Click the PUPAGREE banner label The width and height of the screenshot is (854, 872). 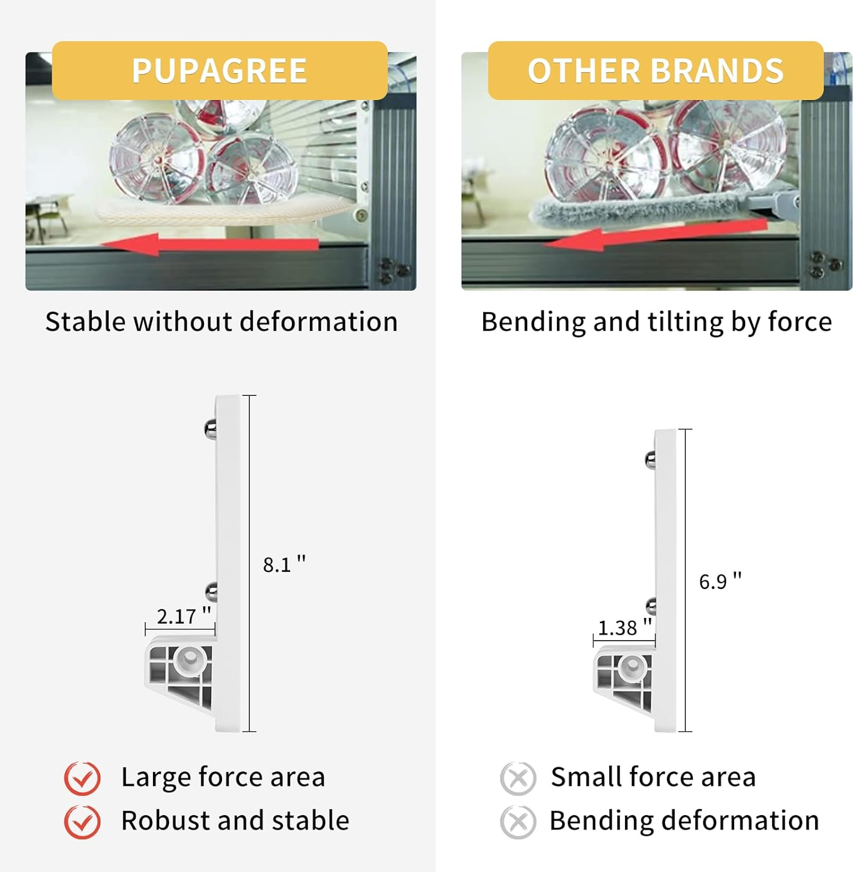coord(219,71)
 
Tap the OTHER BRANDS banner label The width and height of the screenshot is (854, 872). coord(655,71)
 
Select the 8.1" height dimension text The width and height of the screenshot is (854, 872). coord(284,564)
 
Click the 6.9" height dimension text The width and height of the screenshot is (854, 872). coord(720,581)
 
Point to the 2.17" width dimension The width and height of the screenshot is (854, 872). coord(184,616)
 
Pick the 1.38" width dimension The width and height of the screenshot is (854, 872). coord(625,627)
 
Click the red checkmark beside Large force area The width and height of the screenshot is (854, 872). coord(83,778)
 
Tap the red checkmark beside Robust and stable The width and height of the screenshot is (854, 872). coord(83,821)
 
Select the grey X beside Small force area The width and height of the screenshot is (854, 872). coord(518,778)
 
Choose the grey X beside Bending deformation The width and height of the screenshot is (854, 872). coord(518,821)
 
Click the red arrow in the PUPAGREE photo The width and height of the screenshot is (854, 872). coord(209,244)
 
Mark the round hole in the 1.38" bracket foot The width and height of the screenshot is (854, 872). coord(630,667)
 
